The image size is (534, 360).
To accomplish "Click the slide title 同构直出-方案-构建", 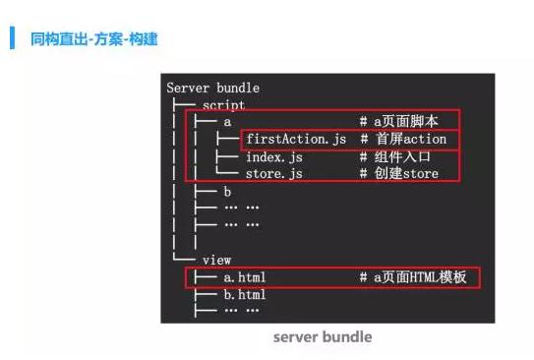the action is tap(94, 38).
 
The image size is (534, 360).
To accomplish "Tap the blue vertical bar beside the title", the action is tap(12, 37).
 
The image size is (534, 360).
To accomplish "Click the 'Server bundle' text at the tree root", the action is tap(212, 88).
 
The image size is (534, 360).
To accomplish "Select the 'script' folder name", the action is tap(223, 105).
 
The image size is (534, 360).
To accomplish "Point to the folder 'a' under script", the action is tap(227, 122).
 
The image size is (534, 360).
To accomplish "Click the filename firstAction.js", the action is tap(296, 140).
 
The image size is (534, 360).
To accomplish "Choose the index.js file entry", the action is tap(274, 157).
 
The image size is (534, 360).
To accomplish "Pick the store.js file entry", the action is tap(274, 174).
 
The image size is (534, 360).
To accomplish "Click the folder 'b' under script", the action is tap(227, 192).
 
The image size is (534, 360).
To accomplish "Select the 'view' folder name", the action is tap(216, 261).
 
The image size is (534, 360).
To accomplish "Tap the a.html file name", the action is tap(245, 277).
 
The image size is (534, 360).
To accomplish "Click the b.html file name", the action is tap(245, 295).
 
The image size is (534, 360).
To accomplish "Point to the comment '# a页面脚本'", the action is tap(399, 122).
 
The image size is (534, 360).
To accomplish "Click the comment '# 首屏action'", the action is tap(403, 139).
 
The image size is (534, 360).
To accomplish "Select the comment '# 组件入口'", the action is tap(395, 157).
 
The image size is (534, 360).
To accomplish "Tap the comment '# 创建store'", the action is tap(399, 174).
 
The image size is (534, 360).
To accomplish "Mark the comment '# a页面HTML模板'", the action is tap(413, 277).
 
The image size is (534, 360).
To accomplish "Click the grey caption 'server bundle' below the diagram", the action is tap(323, 336).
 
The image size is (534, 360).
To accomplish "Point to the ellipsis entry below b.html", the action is tap(242, 310).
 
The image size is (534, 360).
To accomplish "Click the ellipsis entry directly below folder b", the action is tap(242, 208).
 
